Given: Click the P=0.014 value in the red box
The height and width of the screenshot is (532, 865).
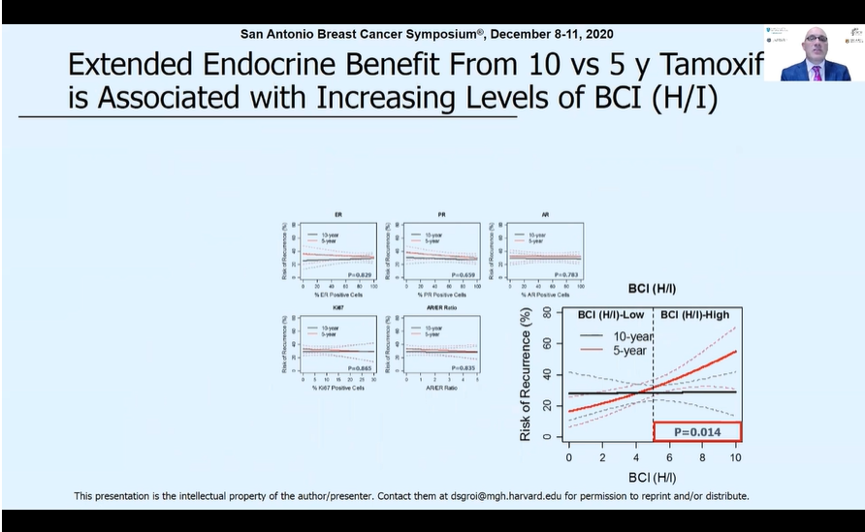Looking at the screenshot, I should point(697,431).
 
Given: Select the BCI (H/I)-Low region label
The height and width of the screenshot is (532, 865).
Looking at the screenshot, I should point(613,315).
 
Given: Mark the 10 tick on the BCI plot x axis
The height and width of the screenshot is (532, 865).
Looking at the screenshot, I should point(736,456).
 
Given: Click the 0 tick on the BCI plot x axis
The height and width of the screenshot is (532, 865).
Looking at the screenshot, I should point(568,456).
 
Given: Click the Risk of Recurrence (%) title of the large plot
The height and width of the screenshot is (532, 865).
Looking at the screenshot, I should point(527,374).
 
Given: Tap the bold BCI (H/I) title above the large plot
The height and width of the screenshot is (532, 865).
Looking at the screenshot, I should point(652,289).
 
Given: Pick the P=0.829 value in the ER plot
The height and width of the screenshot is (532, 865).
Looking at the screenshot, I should point(360,276).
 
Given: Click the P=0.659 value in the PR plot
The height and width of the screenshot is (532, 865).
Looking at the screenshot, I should point(464,276).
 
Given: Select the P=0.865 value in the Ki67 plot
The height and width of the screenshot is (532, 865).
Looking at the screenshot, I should point(360,369).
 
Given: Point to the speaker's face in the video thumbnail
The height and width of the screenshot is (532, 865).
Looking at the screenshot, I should point(816,45).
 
